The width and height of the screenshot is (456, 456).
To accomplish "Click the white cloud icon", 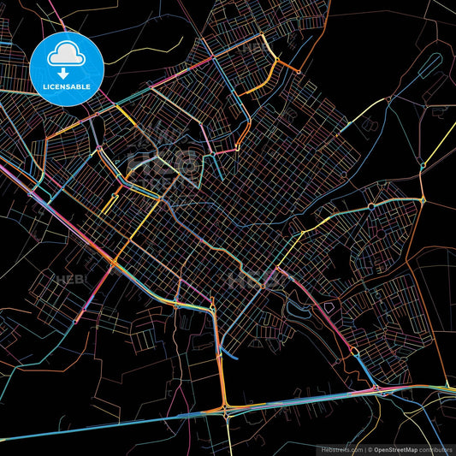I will click(x=66, y=55).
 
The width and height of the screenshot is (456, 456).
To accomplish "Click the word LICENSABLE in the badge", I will click(x=66, y=86).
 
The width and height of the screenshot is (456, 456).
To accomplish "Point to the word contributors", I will click(x=439, y=448).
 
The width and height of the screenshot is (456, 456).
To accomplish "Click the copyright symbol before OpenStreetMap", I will click(x=370, y=448).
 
